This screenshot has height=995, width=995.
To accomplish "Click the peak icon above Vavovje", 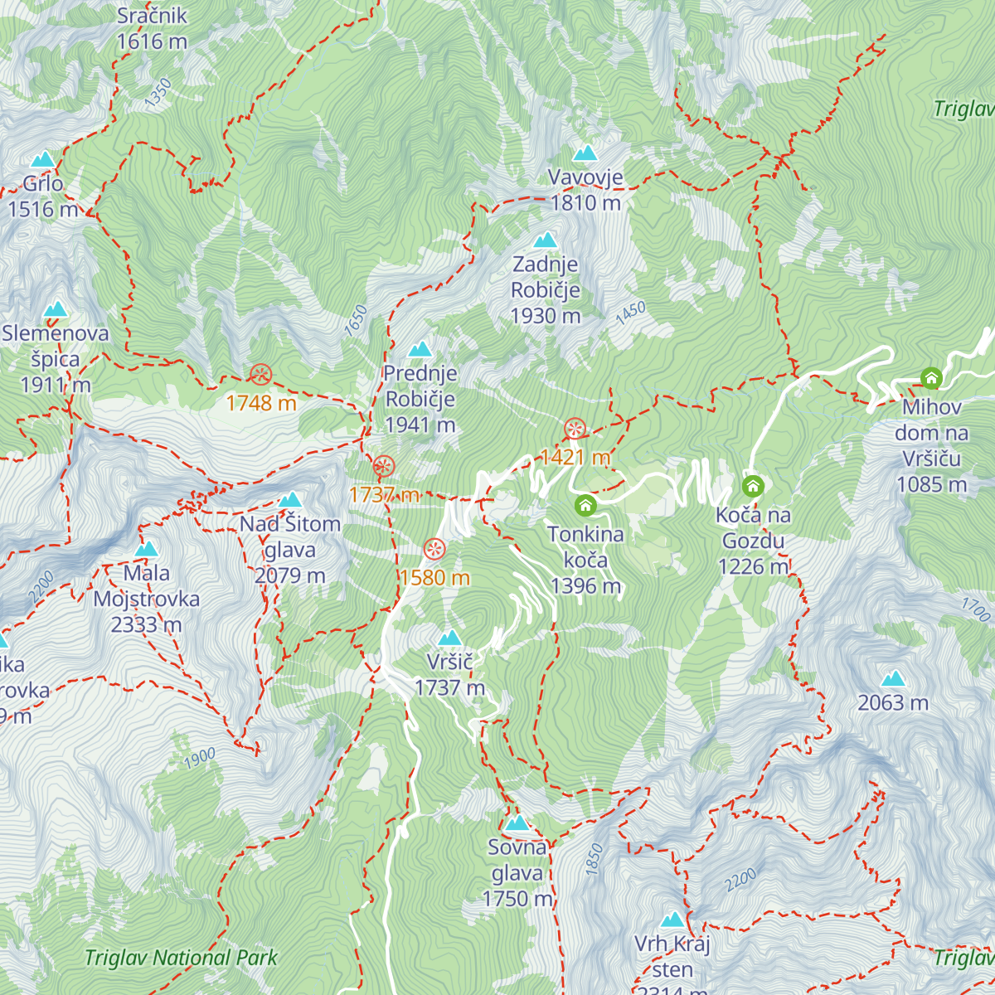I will click(585, 153).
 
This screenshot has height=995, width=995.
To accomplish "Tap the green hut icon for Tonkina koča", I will click(585, 504).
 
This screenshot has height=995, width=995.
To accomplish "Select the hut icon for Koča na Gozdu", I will click(753, 485).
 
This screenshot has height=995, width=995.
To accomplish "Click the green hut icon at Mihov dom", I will click(931, 379).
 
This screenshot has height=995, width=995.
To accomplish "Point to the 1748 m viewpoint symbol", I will click(261, 375).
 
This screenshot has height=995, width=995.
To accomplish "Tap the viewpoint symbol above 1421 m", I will click(575, 429).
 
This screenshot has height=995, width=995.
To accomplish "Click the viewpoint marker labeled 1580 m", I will click(434, 549).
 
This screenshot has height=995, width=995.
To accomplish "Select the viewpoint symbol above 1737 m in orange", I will click(383, 466).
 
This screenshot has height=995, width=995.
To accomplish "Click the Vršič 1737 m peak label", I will click(449, 674).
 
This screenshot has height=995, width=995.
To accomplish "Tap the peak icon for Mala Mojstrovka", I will click(146, 549).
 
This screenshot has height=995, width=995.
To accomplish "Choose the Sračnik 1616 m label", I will click(152, 28).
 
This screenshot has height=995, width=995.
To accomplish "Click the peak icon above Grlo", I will click(42, 159).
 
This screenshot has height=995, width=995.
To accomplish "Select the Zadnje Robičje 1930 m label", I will click(546, 289).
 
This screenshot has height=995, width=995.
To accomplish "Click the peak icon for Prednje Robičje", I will click(420, 349).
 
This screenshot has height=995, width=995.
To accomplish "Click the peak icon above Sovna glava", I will click(517, 823).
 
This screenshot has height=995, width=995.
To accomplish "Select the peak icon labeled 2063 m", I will click(893, 679).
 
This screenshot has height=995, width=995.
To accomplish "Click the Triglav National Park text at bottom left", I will click(181, 958).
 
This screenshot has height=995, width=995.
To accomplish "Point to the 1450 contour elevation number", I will click(630, 313).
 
